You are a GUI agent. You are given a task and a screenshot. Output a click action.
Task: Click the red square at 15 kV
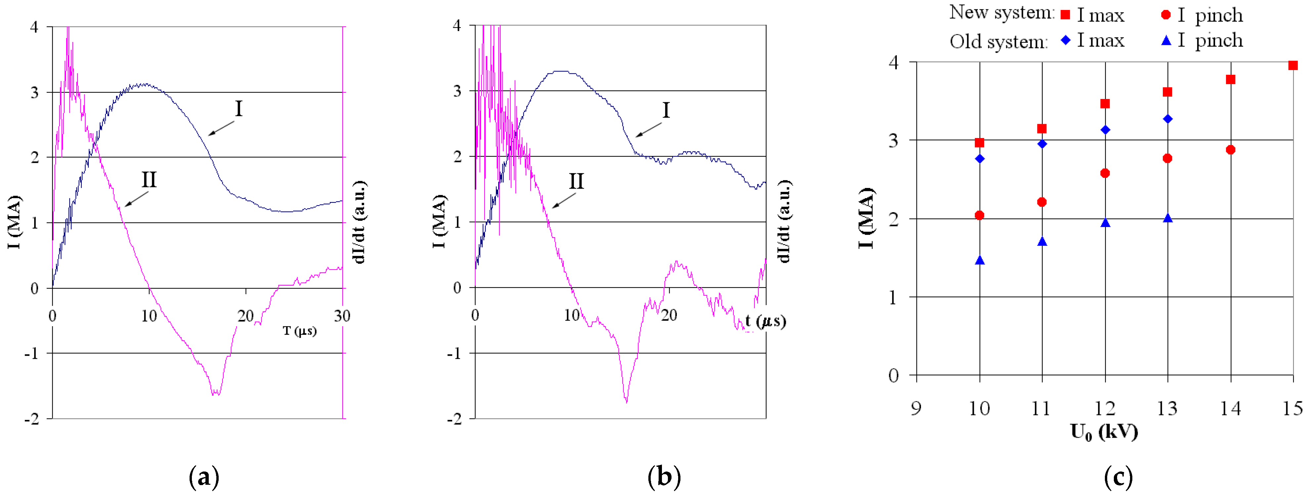(1293, 66)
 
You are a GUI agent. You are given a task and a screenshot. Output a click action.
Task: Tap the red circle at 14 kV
(1230, 150)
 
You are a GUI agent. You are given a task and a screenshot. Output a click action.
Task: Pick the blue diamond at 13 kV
(1168, 119)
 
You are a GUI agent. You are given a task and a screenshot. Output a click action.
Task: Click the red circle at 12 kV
(1105, 173)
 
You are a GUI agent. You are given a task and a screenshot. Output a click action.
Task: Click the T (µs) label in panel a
(300, 331)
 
